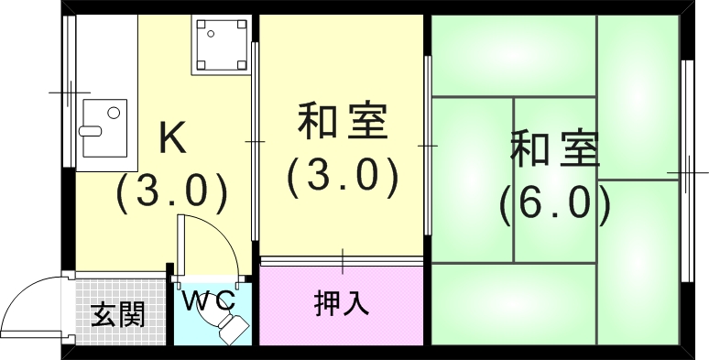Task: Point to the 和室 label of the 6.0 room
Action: (555, 150)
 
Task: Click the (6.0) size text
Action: (555, 203)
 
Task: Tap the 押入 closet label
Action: (342, 303)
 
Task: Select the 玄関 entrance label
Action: (118, 315)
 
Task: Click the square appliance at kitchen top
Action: (220, 47)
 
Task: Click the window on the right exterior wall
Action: (685, 171)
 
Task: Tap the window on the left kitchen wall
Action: (69, 92)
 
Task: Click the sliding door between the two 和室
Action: (428, 145)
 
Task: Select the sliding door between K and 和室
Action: (255, 142)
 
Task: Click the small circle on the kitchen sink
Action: (113, 114)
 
